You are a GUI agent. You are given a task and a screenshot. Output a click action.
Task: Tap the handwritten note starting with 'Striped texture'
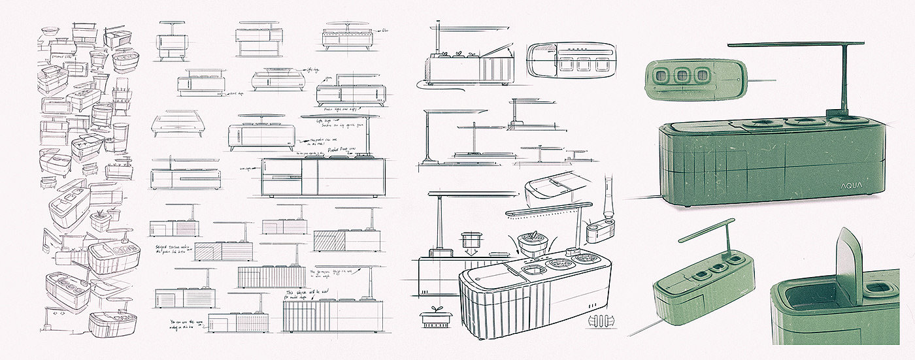click(175, 252)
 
